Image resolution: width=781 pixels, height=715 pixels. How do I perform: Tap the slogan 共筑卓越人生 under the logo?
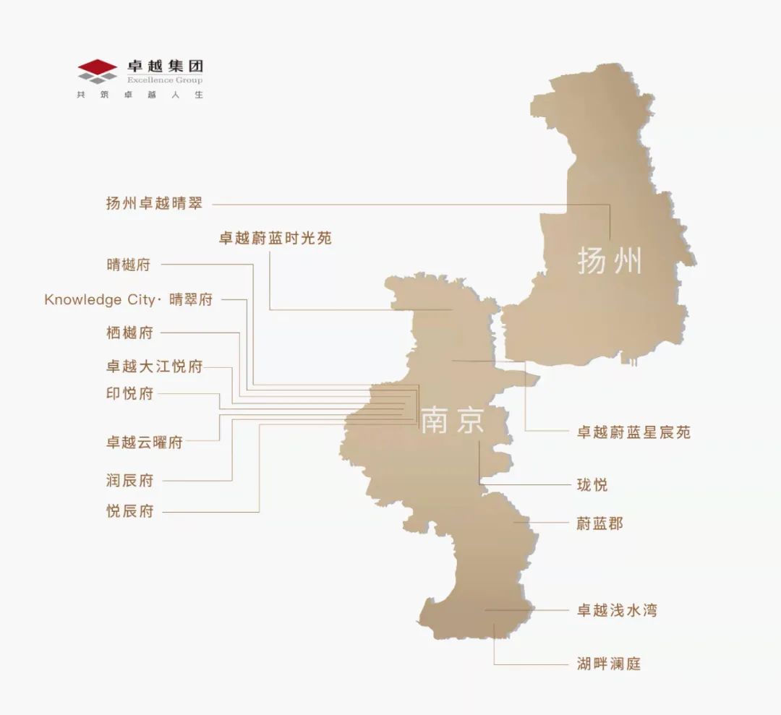pos(140,95)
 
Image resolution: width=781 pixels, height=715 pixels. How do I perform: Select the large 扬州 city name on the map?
pos(610,261)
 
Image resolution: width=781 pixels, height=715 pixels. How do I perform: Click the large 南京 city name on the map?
pos(453,421)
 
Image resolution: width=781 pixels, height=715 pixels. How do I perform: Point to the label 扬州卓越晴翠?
pos(154,204)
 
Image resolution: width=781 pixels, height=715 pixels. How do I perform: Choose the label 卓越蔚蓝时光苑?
pos(276,238)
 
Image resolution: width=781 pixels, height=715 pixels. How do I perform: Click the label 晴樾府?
pos(129,265)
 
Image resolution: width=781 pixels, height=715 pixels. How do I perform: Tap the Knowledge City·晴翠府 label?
pos(129,299)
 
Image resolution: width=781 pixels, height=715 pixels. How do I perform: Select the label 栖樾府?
pos(129,333)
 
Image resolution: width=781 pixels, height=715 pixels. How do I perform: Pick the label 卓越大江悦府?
pos(154,367)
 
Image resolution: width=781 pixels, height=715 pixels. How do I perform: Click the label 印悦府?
pos(129,394)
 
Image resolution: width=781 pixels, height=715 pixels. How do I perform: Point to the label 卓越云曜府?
pos(144,442)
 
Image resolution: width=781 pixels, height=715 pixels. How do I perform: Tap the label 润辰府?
pos(129,480)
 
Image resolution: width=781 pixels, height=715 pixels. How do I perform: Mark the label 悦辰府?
pos(129,512)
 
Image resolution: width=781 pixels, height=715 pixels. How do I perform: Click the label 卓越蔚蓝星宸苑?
pos(633,432)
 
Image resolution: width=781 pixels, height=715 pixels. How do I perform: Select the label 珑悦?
pos(592,484)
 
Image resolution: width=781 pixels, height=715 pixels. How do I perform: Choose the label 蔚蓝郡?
pos(599,523)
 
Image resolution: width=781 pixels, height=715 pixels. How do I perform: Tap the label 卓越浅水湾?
pos(617,611)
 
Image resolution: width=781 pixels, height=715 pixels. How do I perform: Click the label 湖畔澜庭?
pos(609,664)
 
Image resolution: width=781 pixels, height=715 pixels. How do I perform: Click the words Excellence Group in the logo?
pos(165,80)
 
